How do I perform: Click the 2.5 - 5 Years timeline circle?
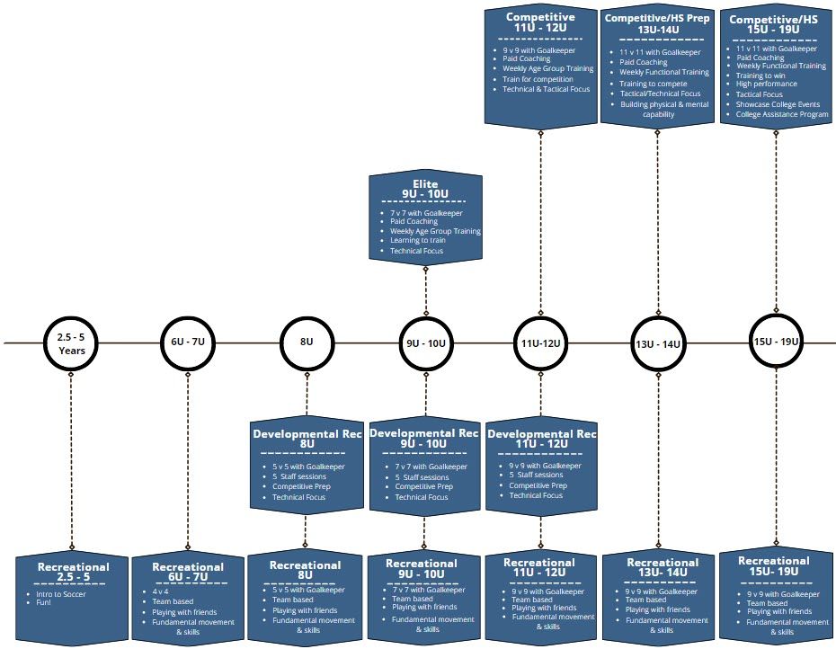(x=71, y=343)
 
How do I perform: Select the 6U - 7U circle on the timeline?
(x=188, y=342)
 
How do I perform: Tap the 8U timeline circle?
(x=307, y=342)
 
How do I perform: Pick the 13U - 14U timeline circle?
(x=658, y=343)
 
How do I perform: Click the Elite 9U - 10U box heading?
(x=425, y=190)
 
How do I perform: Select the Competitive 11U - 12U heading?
(x=540, y=22)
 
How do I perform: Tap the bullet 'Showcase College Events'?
(x=778, y=104)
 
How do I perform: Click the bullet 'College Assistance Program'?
(x=782, y=114)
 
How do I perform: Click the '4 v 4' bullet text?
(x=162, y=591)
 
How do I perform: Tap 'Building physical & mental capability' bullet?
(x=663, y=110)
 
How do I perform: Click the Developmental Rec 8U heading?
(x=307, y=439)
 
